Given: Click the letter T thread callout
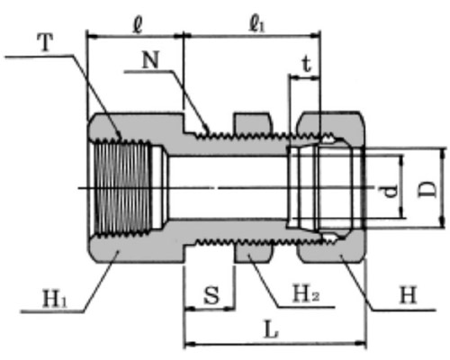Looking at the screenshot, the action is pos(46,42).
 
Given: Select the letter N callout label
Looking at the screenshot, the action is pos(150,60).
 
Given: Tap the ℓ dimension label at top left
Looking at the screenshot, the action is pos(138,26).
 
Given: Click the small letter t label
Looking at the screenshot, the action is pos(306,65).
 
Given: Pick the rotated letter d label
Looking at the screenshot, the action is pos(391,191).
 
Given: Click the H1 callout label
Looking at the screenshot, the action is pos(55,299).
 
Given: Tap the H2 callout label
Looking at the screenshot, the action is pos(306,293).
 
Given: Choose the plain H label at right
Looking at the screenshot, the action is pos(408,295).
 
